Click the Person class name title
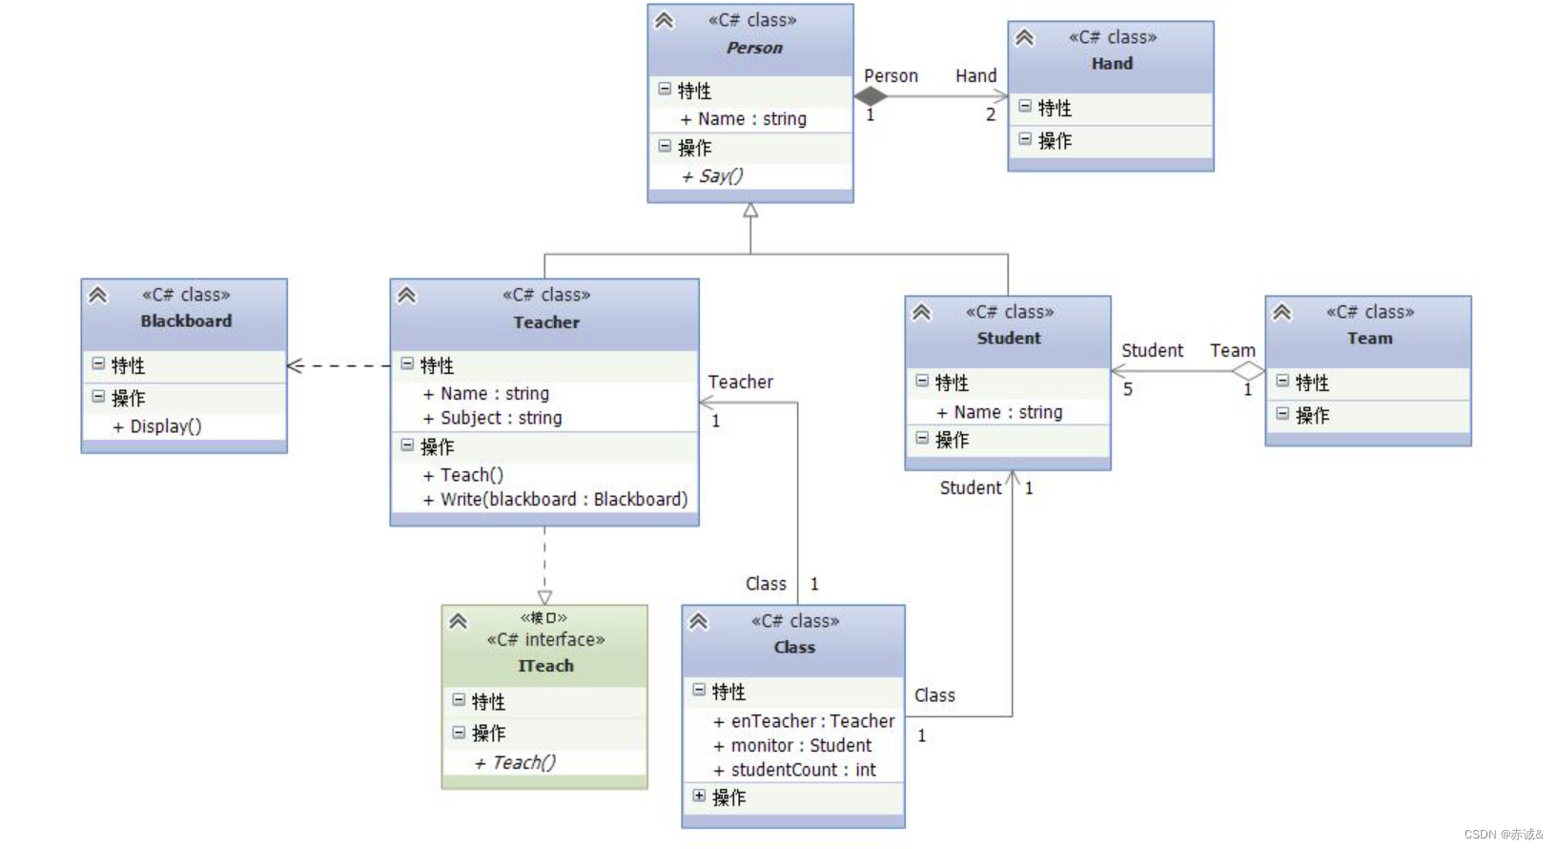pos(754,48)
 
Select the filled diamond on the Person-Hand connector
pos(871,96)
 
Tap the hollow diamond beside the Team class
pos(1247,371)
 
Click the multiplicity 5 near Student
pos(1128,389)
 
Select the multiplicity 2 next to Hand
pos(991,114)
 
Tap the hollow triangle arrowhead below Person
pos(750,211)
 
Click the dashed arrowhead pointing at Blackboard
pos(296,365)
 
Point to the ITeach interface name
pos(545,666)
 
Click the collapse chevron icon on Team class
pos(1282,312)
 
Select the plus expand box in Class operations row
pos(699,796)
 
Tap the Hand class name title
pos(1112,64)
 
